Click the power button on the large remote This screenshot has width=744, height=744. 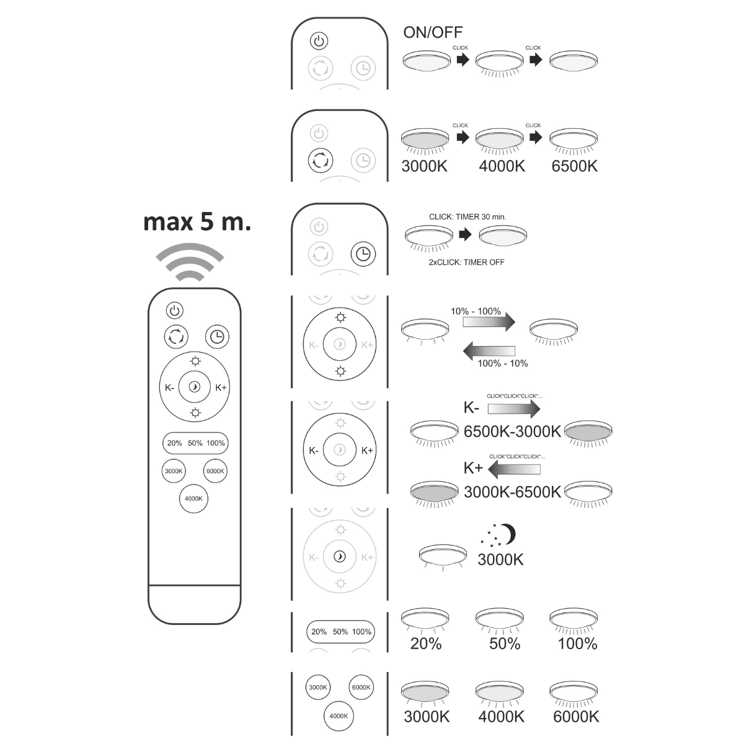175,310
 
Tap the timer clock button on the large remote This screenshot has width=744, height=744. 217,337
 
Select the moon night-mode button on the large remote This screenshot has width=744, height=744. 195,387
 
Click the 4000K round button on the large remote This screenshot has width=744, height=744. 193,498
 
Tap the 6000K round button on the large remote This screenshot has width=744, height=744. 215,471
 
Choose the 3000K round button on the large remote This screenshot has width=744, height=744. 174,471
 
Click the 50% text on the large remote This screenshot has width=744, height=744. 195,443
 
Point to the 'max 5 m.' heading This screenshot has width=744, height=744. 197,221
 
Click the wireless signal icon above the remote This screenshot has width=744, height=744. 188,262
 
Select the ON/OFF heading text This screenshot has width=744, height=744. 433,32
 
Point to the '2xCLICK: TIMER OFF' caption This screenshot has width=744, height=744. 467,262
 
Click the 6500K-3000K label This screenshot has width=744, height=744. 512,432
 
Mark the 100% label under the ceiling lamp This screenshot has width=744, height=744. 577,644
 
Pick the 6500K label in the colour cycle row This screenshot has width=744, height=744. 574,166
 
